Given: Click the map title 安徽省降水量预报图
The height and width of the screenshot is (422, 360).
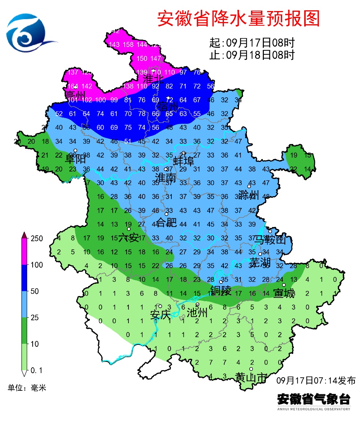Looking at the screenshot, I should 239,18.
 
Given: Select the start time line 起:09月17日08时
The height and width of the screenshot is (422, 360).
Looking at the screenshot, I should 252,43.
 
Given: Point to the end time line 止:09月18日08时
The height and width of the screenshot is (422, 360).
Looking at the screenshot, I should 252,55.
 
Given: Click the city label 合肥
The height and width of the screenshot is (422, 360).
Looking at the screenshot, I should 166,222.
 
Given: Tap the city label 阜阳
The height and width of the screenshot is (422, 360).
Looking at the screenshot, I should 75,159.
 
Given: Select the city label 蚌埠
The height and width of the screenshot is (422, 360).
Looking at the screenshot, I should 183,162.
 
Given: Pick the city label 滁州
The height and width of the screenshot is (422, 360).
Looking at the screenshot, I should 248,195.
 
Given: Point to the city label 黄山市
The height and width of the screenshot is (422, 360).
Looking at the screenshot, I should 251,377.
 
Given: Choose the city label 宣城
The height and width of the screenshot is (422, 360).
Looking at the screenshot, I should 284,293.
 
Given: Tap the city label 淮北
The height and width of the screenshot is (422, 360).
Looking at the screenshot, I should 153,79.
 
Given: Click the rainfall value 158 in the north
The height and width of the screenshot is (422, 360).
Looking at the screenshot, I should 128,45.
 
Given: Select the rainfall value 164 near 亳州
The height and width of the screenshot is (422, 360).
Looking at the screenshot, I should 73,86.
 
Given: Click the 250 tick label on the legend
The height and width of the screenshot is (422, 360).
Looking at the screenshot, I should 36,238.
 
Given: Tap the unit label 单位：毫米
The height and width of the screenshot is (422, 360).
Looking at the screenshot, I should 27,387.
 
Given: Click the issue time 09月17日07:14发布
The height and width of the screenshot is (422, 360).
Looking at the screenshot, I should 316,380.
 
